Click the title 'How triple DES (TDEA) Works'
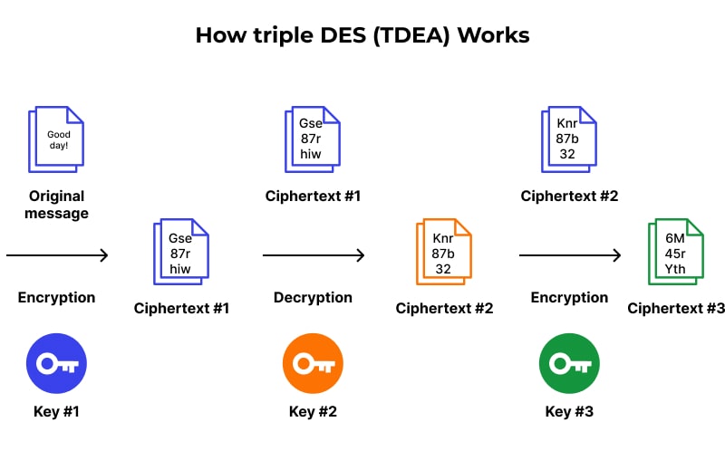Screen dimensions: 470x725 (x=362, y=35)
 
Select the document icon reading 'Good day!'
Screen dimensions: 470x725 (x=56, y=139)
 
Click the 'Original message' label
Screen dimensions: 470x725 (x=56, y=205)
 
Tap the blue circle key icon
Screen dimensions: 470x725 (x=56, y=364)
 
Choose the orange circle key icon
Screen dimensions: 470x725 (x=313, y=364)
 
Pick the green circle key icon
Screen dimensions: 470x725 (x=569, y=364)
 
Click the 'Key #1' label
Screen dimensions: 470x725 (x=56, y=412)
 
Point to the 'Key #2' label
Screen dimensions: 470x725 (x=313, y=412)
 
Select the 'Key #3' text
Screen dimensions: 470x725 (x=569, y=412)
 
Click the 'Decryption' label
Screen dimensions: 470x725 (x=313, y=297)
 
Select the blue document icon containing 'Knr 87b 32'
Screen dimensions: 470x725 (x=569, y=139)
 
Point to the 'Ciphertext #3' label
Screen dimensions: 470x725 (x=676, y=308)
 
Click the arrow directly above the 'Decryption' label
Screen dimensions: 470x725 (x=313, y=255)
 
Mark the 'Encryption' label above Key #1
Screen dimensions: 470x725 (x=56, y=297)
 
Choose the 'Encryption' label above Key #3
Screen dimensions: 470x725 (x=569, y=297)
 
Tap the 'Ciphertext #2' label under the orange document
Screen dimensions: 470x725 (x=444, y=308)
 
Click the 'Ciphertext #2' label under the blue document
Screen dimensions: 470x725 (x=569, y=196)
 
